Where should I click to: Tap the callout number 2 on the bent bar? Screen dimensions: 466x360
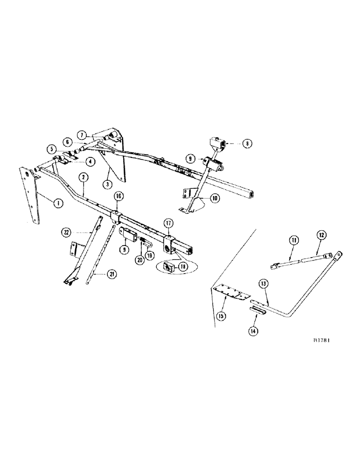(83, 177)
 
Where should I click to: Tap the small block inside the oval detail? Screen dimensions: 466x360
(169, 266)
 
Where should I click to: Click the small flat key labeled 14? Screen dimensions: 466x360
(257, 311)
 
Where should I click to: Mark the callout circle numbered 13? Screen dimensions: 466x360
(263, 283)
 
